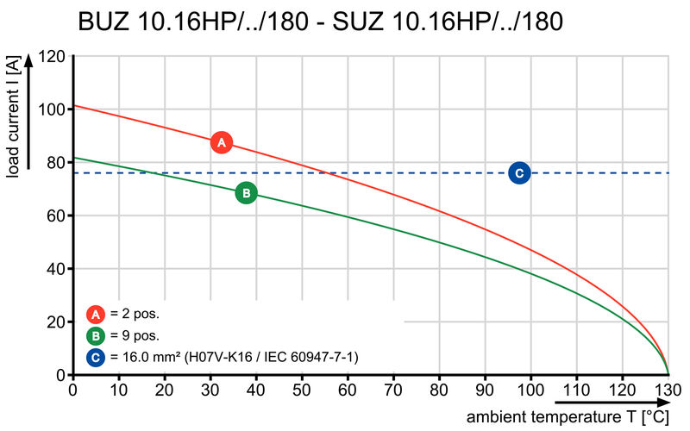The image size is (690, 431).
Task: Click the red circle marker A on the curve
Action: (x=221, y=142)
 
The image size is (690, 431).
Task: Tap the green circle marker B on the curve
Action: (x=246, y=193)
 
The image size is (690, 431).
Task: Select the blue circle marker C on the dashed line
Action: (x=519, y=173)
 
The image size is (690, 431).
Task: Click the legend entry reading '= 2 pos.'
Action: (x=134, y=314)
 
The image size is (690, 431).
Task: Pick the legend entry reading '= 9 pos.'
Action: (x=134, y=335)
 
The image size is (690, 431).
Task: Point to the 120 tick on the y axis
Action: (x=52, y=57)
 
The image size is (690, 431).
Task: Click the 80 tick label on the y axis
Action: (x=55, y=163)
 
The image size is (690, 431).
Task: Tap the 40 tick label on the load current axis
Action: (x=55, y=269)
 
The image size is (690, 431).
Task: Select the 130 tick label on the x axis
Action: (x=668, y=389)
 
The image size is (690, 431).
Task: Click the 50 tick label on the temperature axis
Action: (x=302, y=389)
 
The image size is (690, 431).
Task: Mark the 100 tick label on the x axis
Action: (x=530, y=389)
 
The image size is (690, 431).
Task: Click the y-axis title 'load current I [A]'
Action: (x=13, y=116)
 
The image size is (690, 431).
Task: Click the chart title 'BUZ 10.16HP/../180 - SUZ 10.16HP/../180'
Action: (x=321, y=21)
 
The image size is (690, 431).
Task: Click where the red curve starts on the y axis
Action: (x=73, y=106)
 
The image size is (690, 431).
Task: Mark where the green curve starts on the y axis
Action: (x=73, y=158)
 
